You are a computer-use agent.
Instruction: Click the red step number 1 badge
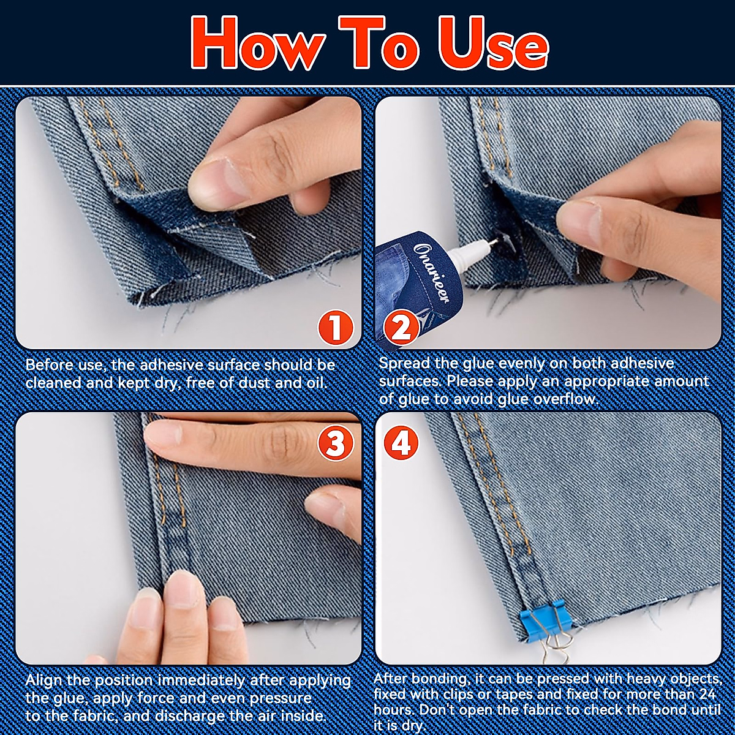coord(335,327)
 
